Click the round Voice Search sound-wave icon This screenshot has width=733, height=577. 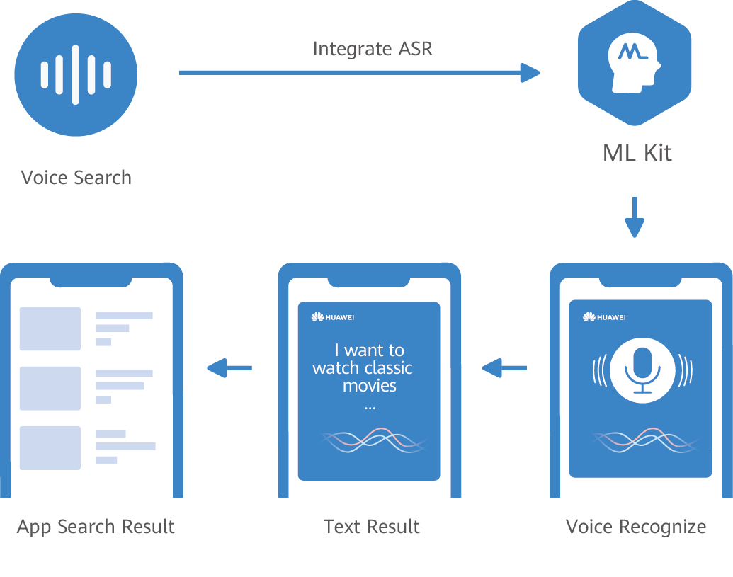[76, 75]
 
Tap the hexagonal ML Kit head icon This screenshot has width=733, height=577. [634, 64]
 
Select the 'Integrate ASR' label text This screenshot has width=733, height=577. [373, 49]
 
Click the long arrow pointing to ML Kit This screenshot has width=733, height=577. [359, 72]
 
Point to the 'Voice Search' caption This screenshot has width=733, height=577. [76, 177]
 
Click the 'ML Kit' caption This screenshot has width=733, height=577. [637, 153]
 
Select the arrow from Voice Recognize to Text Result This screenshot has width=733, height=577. [504, 367]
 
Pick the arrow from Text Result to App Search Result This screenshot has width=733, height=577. [229, 367]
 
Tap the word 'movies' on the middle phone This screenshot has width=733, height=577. [370, 386]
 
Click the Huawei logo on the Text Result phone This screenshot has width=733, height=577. [332, 316]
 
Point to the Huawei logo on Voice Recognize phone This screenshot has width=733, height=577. [604, 316]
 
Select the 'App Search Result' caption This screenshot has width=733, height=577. [96, 527]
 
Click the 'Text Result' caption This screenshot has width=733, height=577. [371, 527]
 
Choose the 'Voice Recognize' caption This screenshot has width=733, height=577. [636, 527]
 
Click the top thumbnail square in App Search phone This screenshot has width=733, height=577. [50, 329]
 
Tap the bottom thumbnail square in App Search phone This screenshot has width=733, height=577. [50, 447]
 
